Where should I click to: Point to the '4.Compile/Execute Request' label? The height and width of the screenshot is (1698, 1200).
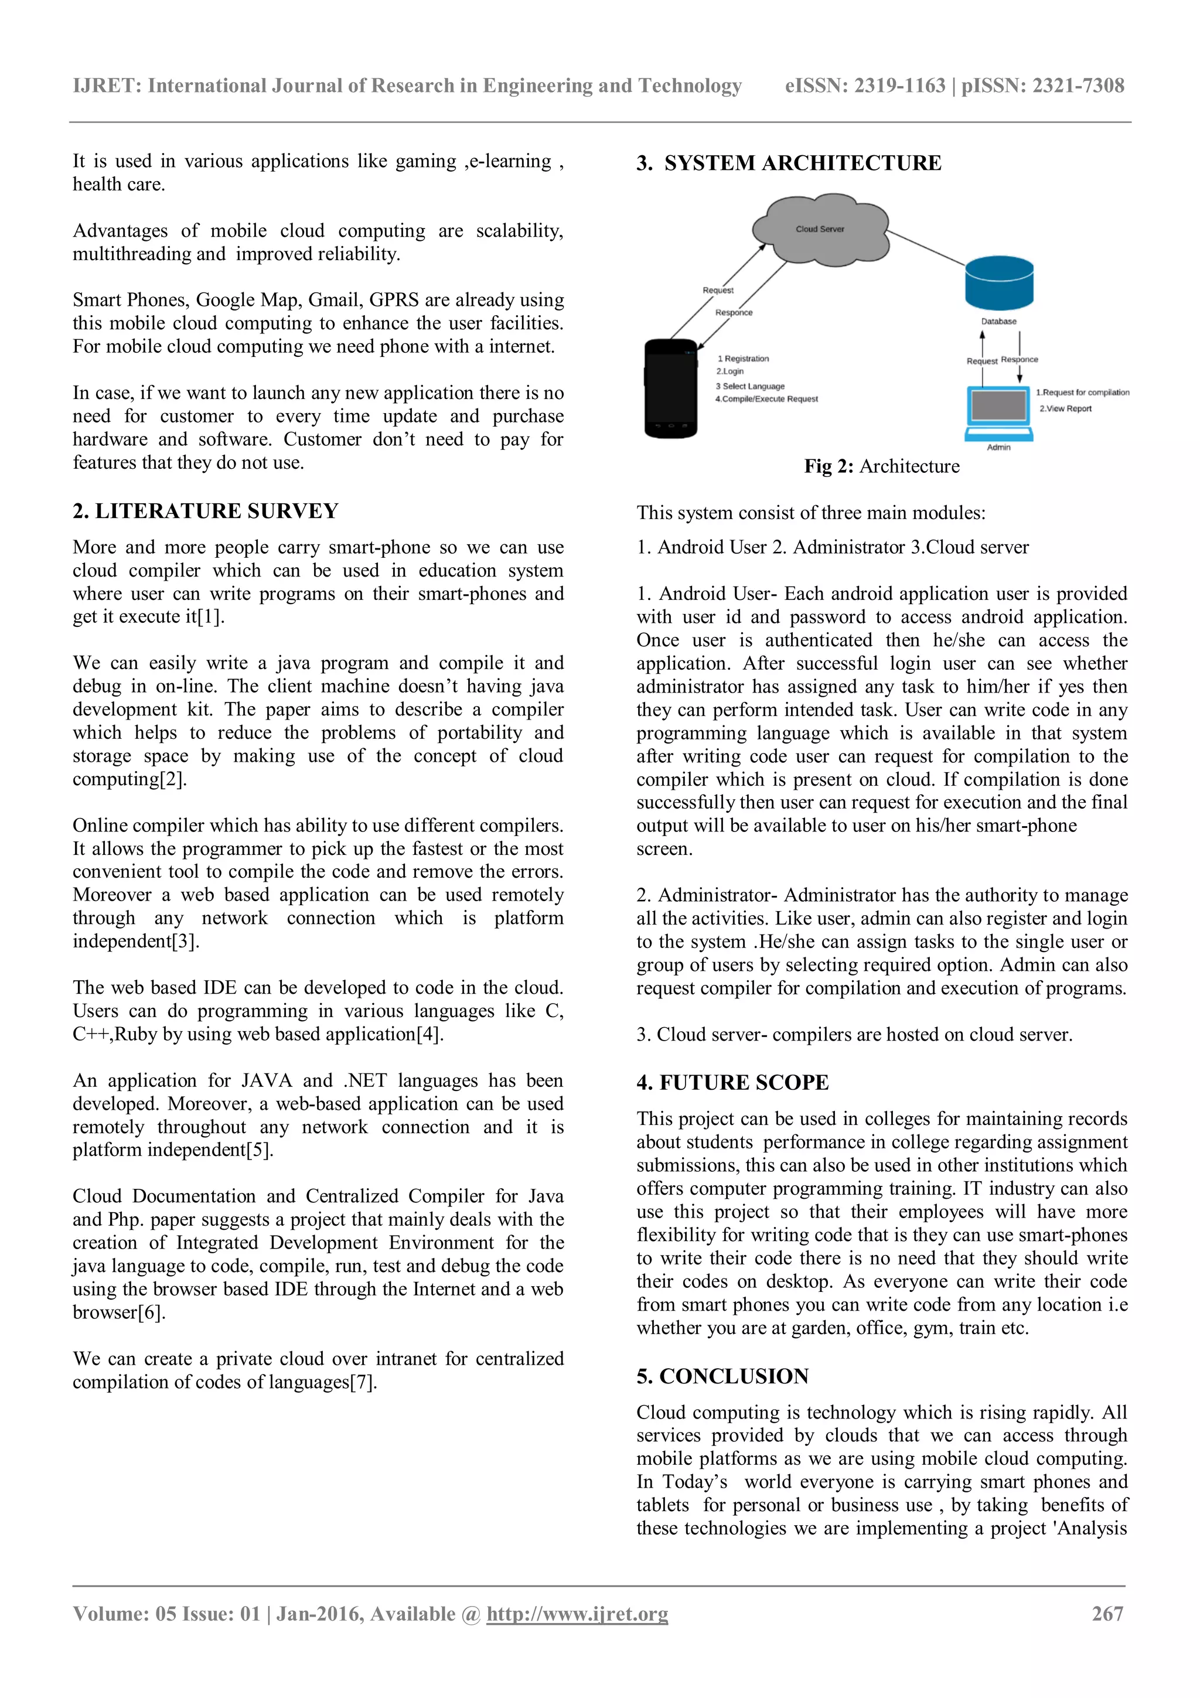tap(767, 400)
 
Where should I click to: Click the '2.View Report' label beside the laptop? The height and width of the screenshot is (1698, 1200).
tap(1065, 409)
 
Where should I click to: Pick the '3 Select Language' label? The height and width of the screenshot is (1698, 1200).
tap(750, 386)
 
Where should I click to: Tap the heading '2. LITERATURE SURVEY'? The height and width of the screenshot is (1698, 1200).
tap(206, 511)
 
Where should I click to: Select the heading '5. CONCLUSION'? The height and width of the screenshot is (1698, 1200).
tap(722, 1376)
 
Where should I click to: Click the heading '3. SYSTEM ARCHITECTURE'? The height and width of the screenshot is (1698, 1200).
tap(789, 163)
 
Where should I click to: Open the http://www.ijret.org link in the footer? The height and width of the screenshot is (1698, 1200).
tap(577, 1614)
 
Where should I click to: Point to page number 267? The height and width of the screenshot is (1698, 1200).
tap(1107, 1614)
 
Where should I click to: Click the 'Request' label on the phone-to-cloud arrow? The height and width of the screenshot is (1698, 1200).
tap(718, 290)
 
